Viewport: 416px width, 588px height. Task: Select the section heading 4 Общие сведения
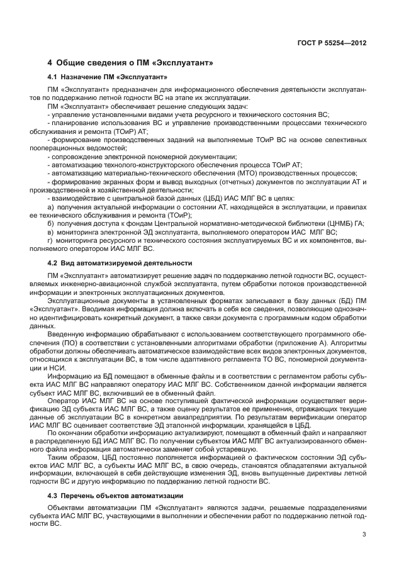131,63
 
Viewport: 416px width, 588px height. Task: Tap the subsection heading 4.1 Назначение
107,77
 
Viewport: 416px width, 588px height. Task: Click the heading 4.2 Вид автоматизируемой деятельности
120,262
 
